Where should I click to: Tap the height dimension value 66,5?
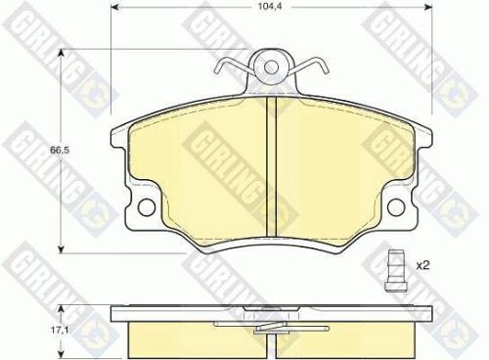(x=42, y=151)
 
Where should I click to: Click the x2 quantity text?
(x=424, y=264)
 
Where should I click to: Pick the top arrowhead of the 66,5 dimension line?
(x=66, y=56)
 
